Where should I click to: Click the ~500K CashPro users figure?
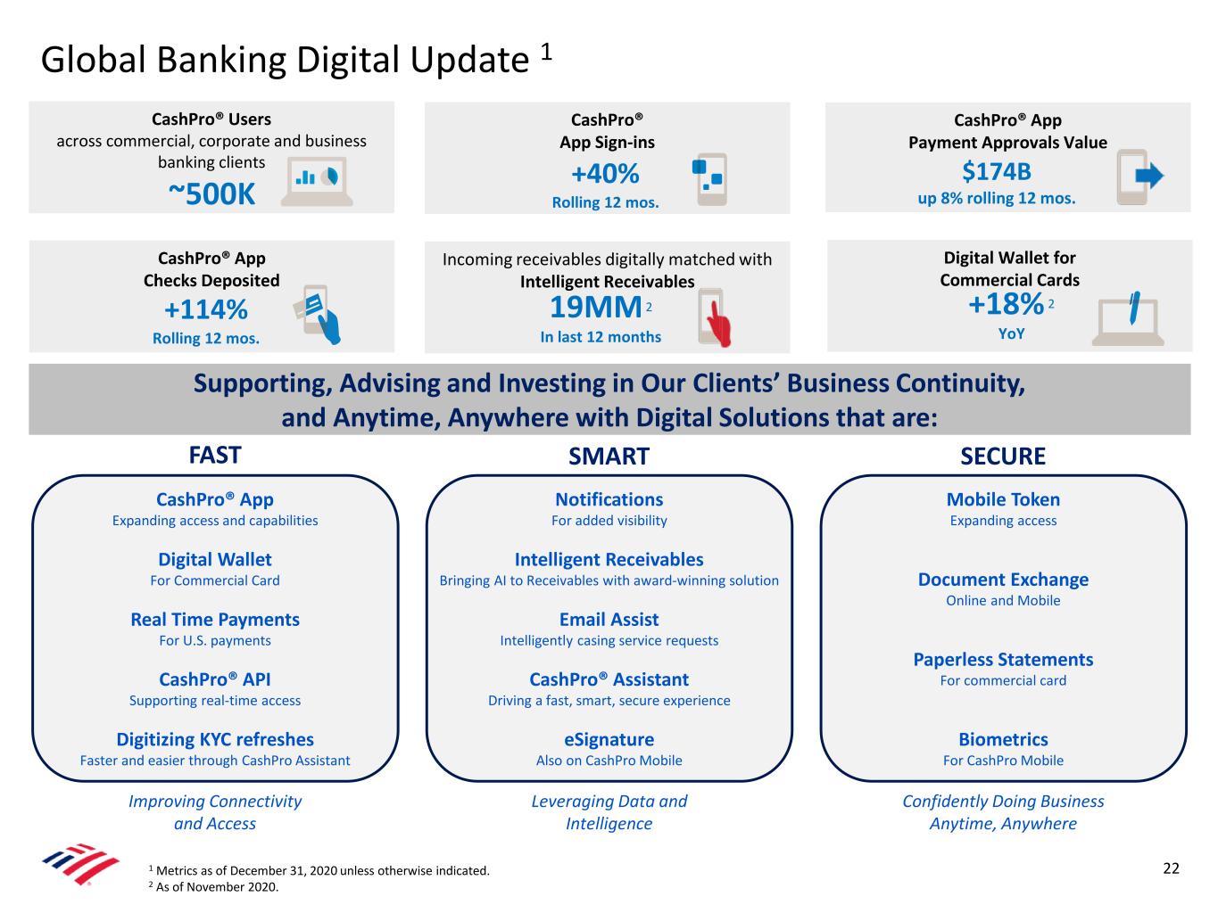(x=211, y=193)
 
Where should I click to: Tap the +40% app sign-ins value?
(x=605, y=173)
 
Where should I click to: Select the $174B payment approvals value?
(x=997, y=170)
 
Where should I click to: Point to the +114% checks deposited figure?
(x=206, y=310)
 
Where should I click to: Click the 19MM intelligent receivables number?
(x=595, y=308)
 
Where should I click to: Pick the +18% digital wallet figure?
(x=1006, y=304)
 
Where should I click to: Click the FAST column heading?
(x=215, y=455)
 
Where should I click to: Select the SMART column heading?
(x=609, y=456)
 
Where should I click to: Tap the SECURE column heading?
(x=1003, y=456)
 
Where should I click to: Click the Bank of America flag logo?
(x=80, y=863)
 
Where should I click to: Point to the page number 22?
(x=1171, y=868)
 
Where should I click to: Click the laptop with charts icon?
(x=317, y=182)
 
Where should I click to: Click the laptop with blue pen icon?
(x=1128, y=318)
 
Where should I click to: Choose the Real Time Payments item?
(x=215, y=620)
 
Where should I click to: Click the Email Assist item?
(x=609, y=620)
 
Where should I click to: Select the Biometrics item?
(x=1003, y=739)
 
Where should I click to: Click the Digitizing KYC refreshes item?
(x=215, y=739)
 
